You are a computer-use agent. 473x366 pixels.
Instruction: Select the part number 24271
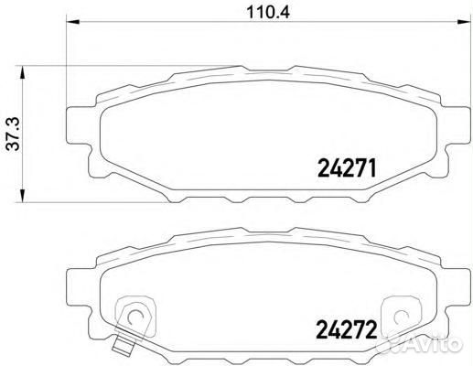coord(347,168)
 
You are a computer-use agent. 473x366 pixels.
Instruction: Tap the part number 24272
coord(347,325)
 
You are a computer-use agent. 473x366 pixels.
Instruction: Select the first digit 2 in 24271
coord(322,168)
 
